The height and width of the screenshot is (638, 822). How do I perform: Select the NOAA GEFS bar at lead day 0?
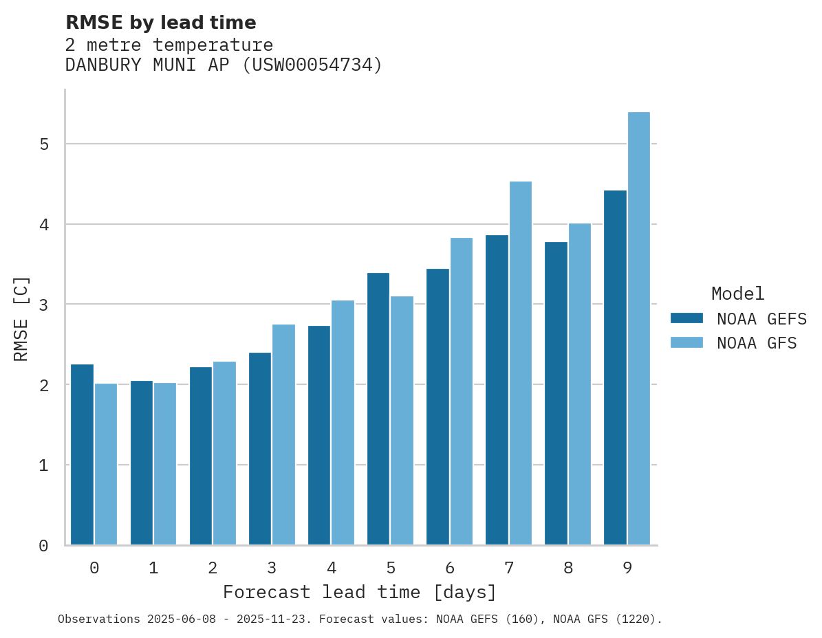pyautogui.click(x=82, y=454)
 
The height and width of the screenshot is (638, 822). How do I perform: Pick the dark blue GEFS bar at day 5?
pyautogui.click(x=378, y=409)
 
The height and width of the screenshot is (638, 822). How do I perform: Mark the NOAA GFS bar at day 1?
pyautogui.click(x=165, y=464)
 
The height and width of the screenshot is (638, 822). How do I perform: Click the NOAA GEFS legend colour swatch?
pyautogui.click(x=686, y=318)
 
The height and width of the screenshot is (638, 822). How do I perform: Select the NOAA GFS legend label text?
pyautogui.click(x=757, y=343)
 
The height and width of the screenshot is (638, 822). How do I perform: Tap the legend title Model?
pyautogui.click(x=738, y=294)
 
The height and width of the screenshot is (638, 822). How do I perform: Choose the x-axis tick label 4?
pyautogui.click(x=331, y=568)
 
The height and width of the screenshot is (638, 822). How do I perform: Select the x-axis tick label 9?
pyautogui.click(x=627, y=568)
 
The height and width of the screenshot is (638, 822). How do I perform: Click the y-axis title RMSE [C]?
pyautogui.click(x=21, y=318)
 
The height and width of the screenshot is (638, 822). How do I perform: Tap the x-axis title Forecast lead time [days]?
pyautogui.click(x=359, y=592)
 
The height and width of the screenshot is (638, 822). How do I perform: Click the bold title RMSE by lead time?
pyautogui.click(x=160, y=23)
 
